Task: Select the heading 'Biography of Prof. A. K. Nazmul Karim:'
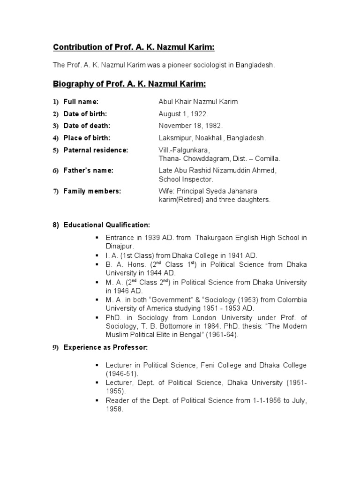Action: click(x=129, y=84)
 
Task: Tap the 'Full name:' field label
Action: click(x=81, y=102)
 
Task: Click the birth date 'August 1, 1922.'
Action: click(x=183, y=114)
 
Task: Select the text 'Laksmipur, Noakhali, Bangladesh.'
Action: click(x=212, y=138)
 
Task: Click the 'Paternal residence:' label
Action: click(x=96, y=150)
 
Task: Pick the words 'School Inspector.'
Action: click(x=186, y=179)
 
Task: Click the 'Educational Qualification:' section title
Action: click(x=107, y=225)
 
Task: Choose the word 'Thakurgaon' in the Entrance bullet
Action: click(x=213, y=238)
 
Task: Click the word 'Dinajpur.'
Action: click(x=120, y=246)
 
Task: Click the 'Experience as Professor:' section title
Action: click(x=105, y=347)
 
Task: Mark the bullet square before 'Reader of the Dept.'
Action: click(x=97, y=401)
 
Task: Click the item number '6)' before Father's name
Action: click(x=55, y=171)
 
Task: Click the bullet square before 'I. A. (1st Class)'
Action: click(x=97, y=255)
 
